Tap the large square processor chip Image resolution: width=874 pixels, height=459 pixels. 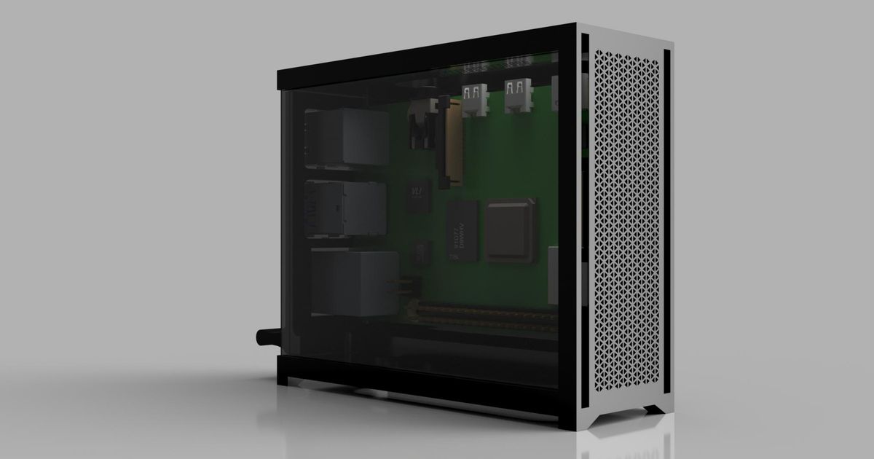511,228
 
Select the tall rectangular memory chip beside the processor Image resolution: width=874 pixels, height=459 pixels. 463,231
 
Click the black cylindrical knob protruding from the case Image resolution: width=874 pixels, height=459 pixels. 267,337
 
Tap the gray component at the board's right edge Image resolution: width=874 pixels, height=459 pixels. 553,275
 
